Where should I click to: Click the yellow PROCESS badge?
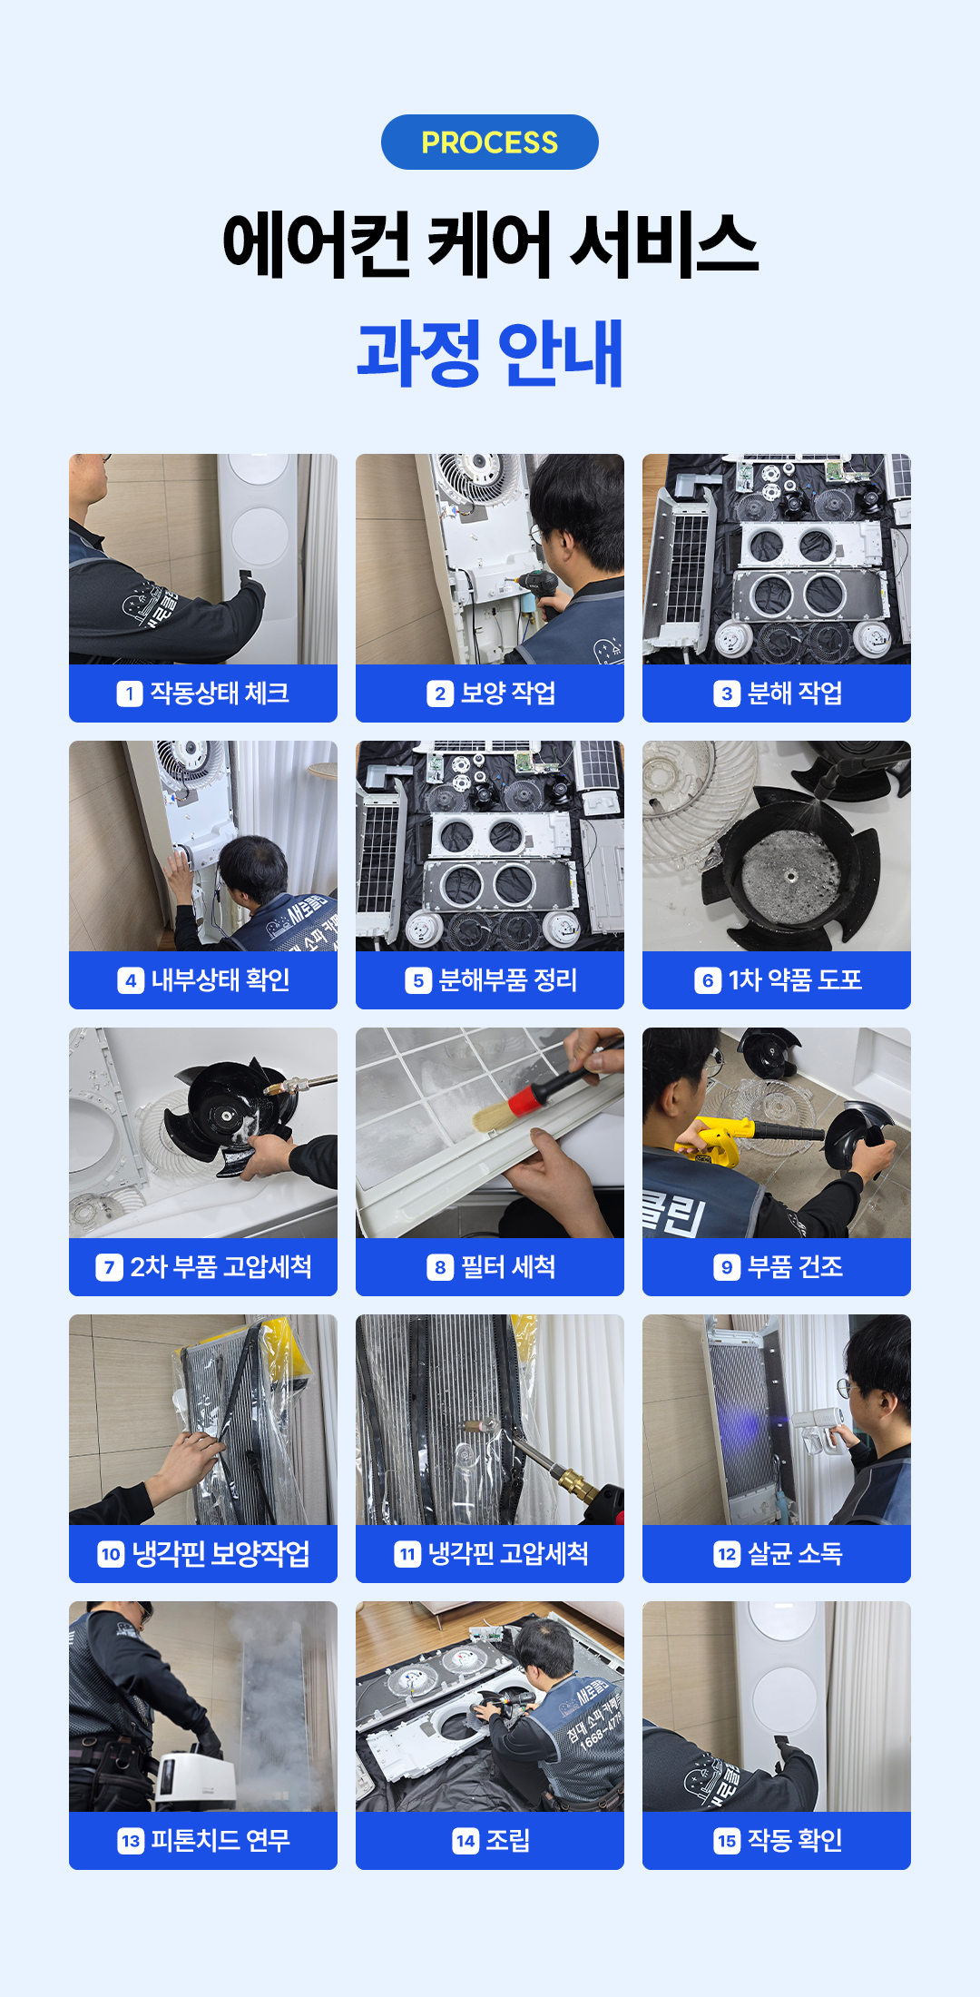click(x=490, y=142)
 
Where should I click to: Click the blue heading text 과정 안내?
click(x=490, y=353)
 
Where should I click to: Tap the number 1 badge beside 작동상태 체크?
click(x=130, y=694)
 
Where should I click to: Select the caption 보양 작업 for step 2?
click(x=508, y=694)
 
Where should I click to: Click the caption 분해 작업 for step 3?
click(x=795, y=694)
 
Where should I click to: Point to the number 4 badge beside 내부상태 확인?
click(x=131, y=980)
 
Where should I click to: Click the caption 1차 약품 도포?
click(x=795, y=980)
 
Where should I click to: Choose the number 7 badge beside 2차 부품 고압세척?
click(x=109, y=1267)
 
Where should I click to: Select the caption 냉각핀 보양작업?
click(x=221, y=1554)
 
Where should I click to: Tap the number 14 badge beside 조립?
click(x=465, y=1841)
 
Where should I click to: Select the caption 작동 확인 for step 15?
click(x=795, y=1841)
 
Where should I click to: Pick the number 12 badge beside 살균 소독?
click(x=727, y=1554)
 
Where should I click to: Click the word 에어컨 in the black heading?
click(x=316, y=245)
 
